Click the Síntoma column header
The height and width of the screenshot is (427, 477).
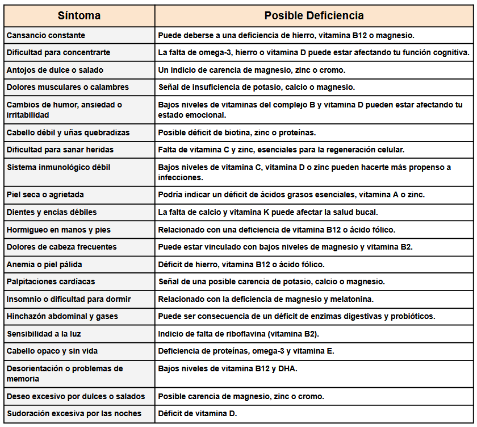click(x=79, y=15)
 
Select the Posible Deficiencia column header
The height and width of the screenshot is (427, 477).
click(x=314, y=15)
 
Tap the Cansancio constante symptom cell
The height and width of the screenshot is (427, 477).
click(x=46, y=35)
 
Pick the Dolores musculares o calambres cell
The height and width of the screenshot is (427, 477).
click(x=68, y=87)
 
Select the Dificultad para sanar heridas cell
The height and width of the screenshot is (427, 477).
click(x=60, y=150)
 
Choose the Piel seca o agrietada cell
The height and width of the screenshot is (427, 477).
click(x=45, y=194)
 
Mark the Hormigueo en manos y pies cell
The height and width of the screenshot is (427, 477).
click(x=58, y=230)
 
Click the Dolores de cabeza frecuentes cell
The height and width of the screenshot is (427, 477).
click(x=62, y=247)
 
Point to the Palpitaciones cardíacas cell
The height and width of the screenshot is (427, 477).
click(x=51, y=281)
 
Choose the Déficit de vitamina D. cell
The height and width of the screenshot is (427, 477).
click(x=198, y=413)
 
